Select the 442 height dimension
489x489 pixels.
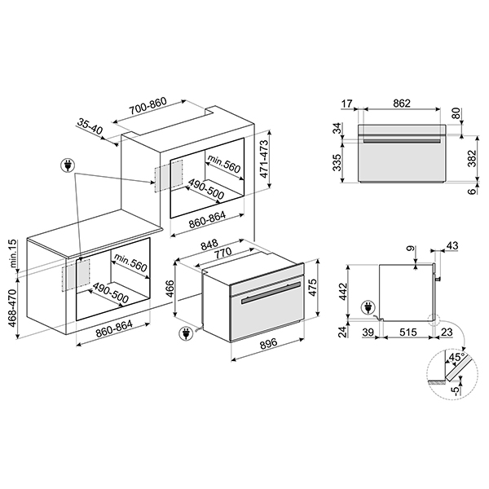pos(344,290)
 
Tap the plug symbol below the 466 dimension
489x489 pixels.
pos(187,334)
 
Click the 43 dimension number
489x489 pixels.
pos(452,245)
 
